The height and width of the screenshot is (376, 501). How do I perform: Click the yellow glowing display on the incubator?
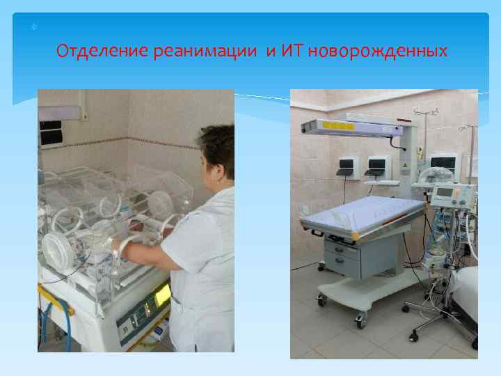(162, 295)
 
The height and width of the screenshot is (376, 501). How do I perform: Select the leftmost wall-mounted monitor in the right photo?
(346, 166)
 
